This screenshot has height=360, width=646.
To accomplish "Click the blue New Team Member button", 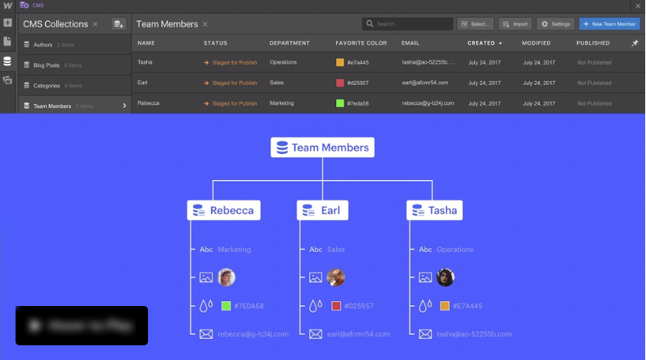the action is pos(609,25).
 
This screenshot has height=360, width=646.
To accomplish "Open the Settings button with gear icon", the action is pos(555,25).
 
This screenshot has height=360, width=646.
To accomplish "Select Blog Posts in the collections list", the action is pos(47,65).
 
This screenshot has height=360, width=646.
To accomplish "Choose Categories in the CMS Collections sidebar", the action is pos(47,86).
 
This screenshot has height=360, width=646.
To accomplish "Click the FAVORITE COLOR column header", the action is pos(361,43).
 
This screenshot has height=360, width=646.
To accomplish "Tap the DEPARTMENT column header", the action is pos(289,43).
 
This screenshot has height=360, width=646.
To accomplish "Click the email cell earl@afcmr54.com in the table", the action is pos(428,83).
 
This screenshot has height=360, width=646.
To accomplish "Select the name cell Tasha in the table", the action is pos(145,62).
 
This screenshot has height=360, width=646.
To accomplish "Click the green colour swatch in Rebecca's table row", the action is pos(340,103).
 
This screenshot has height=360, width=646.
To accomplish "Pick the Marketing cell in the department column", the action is pos(281,103).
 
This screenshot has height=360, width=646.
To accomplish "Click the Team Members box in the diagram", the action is pos(322,148).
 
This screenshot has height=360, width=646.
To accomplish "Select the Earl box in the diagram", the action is pos(322,210).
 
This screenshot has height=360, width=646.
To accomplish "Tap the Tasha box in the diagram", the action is pos(434,210).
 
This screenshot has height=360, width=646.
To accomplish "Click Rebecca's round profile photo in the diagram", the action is pos(227,277).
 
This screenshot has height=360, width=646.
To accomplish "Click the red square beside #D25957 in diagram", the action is pos(336,306).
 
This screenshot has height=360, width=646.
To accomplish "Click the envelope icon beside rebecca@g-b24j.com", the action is pos(206,334).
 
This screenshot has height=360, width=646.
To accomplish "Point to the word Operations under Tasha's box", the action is pos(455,250).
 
